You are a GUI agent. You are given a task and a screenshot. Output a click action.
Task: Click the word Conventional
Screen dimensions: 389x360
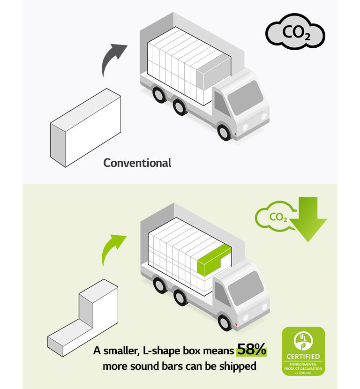(137, 163)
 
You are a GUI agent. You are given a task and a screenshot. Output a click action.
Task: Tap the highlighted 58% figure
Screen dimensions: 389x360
(251, 349)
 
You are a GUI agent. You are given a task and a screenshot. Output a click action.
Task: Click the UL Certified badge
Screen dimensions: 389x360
(303, 351)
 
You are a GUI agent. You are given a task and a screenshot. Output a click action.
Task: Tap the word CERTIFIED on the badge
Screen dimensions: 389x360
(303, 357)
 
